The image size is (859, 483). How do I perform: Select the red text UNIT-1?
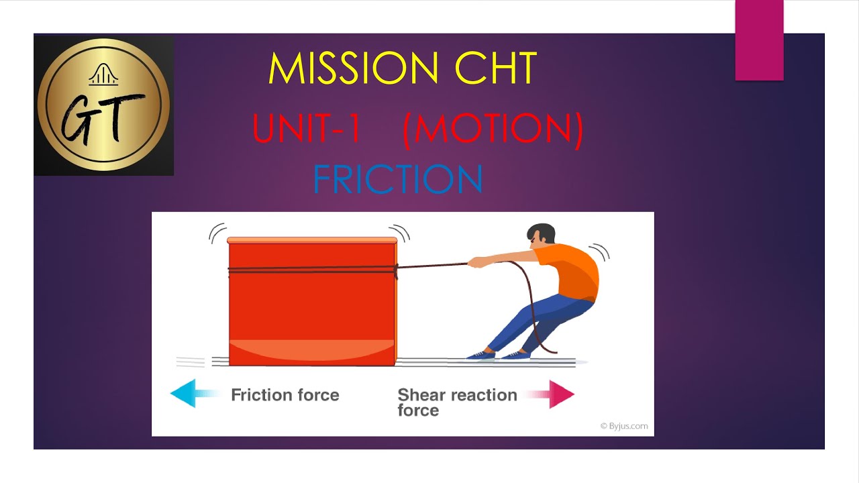point(307,129)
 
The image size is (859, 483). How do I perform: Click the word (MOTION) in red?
point(493,129)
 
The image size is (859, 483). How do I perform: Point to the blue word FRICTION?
point(398,180)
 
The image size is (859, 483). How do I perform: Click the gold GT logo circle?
point(103,105)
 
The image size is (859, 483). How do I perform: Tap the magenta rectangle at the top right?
point(759,40)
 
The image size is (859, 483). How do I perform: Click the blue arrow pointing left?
point(191,393)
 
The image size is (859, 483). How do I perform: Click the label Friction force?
point(285,395)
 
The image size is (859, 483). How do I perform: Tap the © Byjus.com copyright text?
point(623,425)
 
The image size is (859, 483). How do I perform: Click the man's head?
point(541,237)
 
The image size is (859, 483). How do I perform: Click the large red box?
point(311,305)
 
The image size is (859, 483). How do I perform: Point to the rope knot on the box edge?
point(396,270)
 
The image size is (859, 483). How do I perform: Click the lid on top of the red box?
point(312,239)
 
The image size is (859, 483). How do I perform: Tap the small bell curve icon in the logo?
point(103,74)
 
